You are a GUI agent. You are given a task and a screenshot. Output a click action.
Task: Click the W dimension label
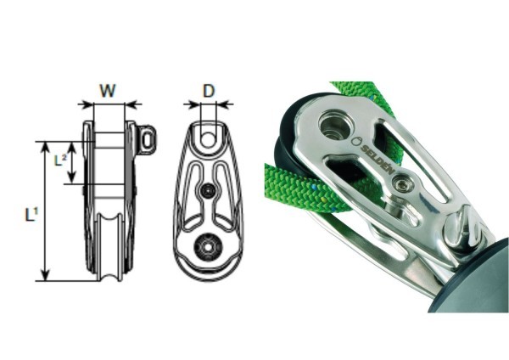coord(107,89)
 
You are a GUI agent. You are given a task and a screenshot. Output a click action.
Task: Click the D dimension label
coord(209,89)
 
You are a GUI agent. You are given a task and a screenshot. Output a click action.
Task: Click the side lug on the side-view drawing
coord(148,138)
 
